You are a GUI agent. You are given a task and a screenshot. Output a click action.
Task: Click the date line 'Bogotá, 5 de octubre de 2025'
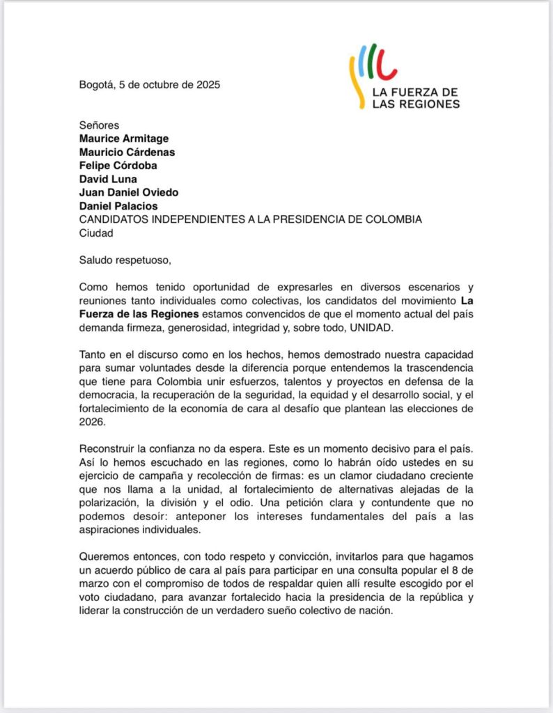[x=149, y=86]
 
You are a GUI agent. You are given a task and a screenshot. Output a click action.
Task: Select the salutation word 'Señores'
[x=99, y=125]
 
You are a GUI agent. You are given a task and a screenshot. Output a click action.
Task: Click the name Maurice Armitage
[x=123, y=139]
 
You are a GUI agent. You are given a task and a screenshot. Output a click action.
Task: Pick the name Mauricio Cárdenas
[x=127, y=152]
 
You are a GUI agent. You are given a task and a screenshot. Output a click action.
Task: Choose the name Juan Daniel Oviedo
[x=130, y=192]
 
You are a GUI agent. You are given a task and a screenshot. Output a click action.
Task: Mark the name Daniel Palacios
[x=118, y=206]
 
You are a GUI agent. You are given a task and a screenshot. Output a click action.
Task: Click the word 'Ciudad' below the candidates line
[x=96, y=233]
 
